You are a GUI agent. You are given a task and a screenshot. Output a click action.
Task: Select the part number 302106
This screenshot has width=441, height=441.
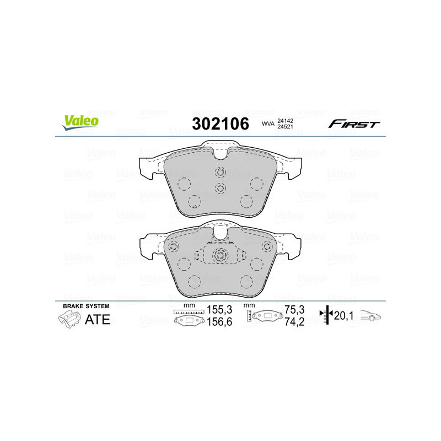point(220,124)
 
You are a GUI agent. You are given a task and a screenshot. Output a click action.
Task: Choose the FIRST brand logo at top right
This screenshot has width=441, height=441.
point(354,124)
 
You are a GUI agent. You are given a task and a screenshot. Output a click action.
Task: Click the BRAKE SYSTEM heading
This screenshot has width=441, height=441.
point(86,305)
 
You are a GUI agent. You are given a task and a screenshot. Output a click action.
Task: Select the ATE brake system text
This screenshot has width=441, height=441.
point(97,320)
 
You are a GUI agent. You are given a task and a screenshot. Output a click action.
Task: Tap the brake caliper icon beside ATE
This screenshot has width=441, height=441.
point(68,319)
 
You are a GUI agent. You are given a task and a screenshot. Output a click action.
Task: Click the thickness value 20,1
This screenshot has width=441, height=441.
point(344,316)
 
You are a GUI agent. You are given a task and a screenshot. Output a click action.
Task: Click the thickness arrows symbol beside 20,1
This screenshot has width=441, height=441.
point(327,316)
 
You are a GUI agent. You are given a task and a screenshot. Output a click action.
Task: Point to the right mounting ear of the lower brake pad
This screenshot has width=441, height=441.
point(294,245)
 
